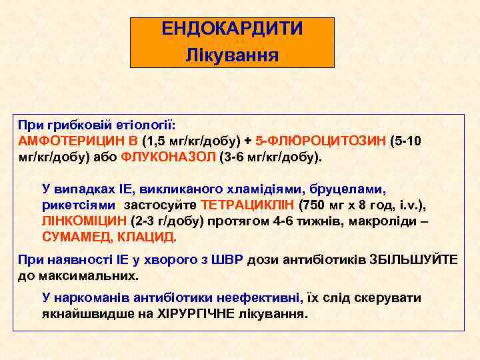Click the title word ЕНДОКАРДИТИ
pyautogui.click(x=232, y=29)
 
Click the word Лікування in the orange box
pyautogui.click(x=232, y=53)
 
